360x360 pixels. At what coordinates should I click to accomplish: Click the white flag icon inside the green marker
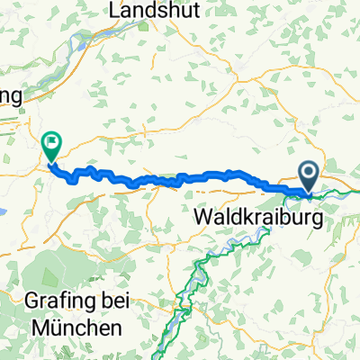coord(51,139)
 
